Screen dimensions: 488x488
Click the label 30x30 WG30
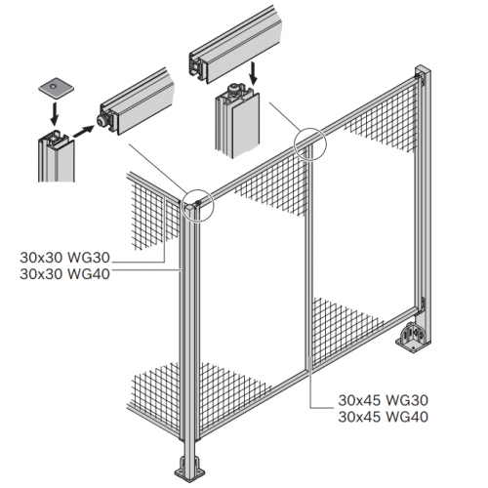tap(64, 258)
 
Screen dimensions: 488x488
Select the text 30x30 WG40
tap(64, 274)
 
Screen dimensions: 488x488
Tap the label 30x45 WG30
tap(383, 400)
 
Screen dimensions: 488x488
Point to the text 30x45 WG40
tap(383, 417)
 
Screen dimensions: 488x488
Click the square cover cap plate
tap(57, 87)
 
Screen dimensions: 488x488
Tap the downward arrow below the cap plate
tap(55, 114)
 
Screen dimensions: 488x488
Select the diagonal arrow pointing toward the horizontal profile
tap(83, 131)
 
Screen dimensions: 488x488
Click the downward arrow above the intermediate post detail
tap(254, 74)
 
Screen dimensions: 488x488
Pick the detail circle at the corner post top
tap(198, 206)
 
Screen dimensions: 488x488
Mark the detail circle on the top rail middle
tap(309, 144)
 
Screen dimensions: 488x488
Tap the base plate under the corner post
tap(190, 469)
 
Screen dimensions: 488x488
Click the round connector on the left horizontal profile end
tap(102, 121)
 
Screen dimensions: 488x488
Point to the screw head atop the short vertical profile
tap(234, 87)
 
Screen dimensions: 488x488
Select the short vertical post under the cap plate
tap(56, 155)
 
